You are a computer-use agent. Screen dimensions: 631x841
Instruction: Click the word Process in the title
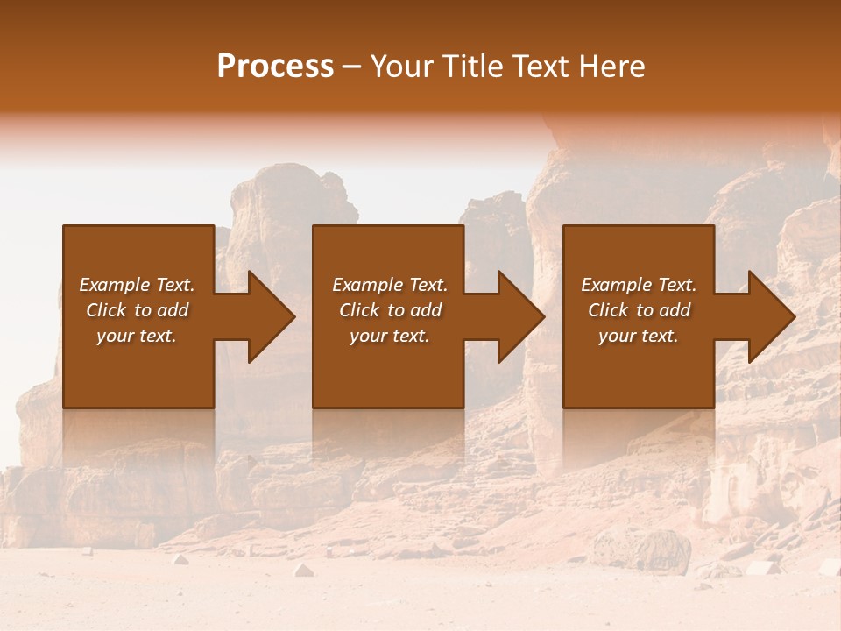point(275,67)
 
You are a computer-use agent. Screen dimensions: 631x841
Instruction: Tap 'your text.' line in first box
point(137,336)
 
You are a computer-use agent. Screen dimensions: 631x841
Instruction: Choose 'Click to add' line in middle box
point(390,310)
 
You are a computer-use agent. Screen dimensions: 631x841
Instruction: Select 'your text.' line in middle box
point(390,336)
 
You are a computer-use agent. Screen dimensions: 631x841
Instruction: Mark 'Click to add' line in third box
point(639,310)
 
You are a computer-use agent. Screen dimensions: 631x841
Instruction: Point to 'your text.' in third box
point(639,336)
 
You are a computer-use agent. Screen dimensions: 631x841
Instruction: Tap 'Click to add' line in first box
point(137,310)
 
